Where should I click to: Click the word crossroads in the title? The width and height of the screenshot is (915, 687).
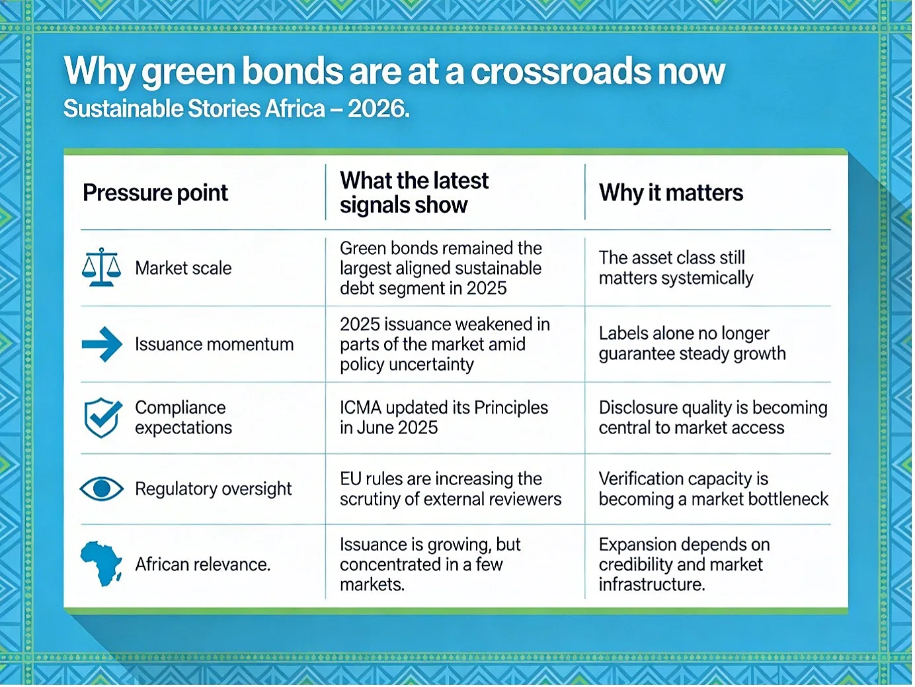[x=561, y=71]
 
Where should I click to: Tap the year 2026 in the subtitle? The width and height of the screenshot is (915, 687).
[x=376, y=109]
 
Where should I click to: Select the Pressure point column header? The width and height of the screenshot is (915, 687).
[x=155, y=193]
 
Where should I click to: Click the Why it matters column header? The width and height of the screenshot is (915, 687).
[x=671, y=193]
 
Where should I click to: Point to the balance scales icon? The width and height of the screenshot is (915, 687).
[x=101, y=267]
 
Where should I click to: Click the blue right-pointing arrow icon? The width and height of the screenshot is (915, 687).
[x=102, y=344]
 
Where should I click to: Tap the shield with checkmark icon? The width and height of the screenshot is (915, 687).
[x=103, y=418]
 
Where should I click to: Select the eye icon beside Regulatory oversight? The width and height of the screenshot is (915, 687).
[x=101, y=488]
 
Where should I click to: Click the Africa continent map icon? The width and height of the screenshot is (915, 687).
[x=101, y=564]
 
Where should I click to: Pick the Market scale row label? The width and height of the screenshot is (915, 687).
[x=183, y=268]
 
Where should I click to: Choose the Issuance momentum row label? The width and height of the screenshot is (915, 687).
[x=214, y=345]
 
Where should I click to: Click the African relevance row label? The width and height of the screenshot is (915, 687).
[x=202, y=565]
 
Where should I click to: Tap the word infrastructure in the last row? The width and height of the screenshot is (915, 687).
[x=652, y=584]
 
